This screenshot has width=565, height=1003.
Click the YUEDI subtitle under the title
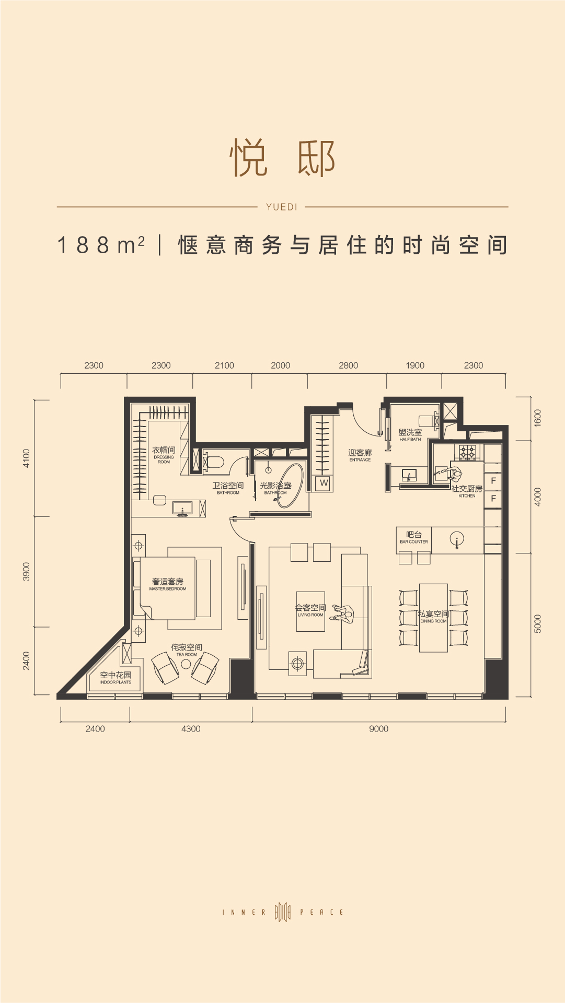281,207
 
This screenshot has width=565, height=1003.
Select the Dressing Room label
164,454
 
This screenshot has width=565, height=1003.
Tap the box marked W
324,483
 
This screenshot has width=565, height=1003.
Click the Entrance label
360,455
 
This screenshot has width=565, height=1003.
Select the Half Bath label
410,435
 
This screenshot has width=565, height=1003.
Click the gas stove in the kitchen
467,452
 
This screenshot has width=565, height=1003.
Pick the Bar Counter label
414,537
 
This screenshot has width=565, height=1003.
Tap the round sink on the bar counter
457,540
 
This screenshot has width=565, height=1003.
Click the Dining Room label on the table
433,617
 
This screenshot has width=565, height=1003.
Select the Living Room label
310,610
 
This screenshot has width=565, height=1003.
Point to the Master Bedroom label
168,584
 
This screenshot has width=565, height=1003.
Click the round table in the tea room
186,664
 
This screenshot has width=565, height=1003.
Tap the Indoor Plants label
116,678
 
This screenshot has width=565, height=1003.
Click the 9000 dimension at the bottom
378,729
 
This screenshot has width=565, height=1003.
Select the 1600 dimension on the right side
538,418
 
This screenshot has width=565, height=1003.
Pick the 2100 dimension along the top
224,365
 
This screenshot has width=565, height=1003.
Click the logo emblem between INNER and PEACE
282,912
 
